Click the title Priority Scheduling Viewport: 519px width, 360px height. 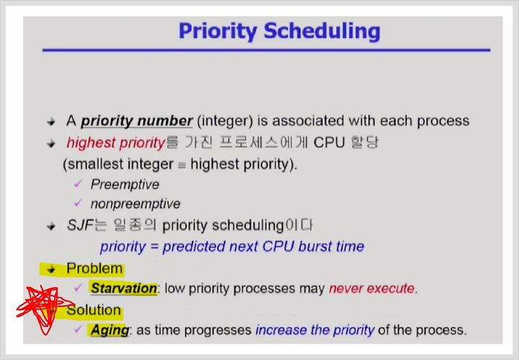[280, 32]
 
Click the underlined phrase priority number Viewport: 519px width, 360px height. [137, 121]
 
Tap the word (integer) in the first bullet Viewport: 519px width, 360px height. [225, 121]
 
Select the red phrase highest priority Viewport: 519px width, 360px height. [116, 143]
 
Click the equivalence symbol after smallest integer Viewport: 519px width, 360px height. [182, 165]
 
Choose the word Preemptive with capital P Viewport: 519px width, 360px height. [125, 185]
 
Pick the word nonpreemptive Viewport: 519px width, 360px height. [136, 204]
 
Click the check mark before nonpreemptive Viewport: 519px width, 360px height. [78, 202]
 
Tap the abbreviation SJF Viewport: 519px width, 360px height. [80, 226]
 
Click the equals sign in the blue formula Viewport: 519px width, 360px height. [154, 247]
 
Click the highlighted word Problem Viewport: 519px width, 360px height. [94, 268]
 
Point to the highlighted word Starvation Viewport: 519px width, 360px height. [124, 289]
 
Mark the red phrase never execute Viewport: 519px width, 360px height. [371, 289]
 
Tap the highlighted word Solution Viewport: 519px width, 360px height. [94, 310]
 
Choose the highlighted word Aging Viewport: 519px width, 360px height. [110, 330]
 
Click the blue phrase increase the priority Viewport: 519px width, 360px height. [315, 330]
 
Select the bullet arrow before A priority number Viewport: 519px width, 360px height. [51, 122]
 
